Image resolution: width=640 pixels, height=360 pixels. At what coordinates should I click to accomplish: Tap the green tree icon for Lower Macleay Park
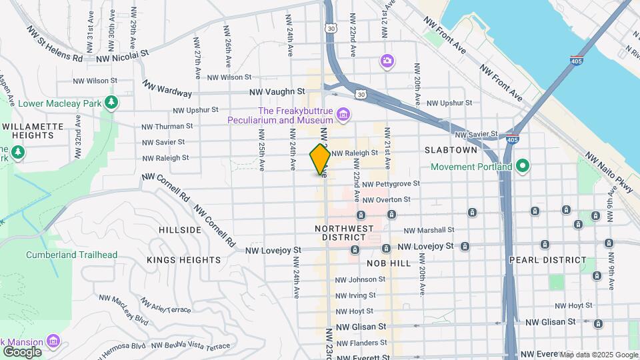tap(112, 103)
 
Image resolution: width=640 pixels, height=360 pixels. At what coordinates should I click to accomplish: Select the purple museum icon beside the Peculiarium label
tap(343, 115)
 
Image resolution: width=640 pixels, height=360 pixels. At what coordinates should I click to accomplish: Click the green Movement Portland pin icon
tap(523, 166)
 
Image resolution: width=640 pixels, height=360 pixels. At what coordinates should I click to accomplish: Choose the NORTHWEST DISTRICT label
tap(343, 233)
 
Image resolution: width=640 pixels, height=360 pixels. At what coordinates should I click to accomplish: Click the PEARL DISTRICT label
tap(547, 260)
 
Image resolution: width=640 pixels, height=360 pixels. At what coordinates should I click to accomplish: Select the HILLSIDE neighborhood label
tap(180, 229)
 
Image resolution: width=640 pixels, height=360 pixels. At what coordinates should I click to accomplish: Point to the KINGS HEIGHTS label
tap(183, 259)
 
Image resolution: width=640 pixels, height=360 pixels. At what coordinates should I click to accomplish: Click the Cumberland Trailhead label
tap(71, 255)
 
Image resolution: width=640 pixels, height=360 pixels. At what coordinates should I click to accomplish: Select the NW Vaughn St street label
tap(277, 91)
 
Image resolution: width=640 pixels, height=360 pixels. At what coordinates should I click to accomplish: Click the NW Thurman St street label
tap(167, 126)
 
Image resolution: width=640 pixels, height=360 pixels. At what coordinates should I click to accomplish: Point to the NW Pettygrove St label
tap(391, 183)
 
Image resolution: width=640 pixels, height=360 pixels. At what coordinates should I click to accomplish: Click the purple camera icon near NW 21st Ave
tap(387, 61)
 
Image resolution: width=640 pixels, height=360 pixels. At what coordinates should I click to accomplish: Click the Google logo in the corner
tap(21, 351)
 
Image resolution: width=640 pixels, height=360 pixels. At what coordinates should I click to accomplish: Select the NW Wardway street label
tap(167, 89)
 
